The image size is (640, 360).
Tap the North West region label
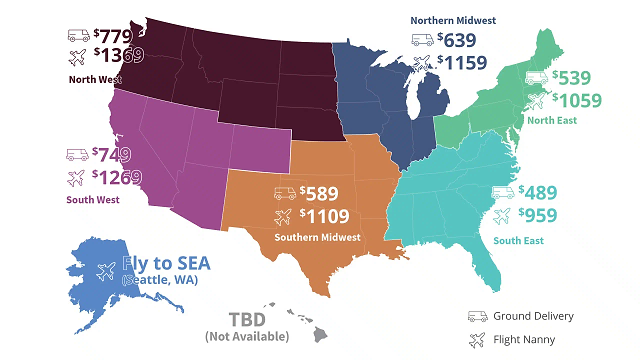pos(96,79)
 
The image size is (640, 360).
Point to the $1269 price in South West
pos(117,178)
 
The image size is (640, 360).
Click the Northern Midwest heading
pos(462,19)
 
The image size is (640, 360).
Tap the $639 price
pos(461,41)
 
